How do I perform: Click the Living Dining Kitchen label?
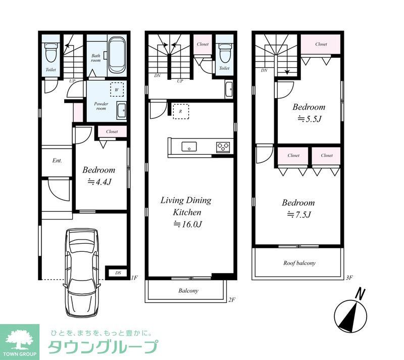(185, 206)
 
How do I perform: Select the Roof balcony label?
(299, 263)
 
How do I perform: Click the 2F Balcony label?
(188, 291)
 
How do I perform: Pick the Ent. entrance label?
(57, 161)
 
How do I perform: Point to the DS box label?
(118, 273)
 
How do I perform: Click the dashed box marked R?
(181, 111)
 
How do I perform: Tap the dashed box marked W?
(117, 89)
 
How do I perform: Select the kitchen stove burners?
(223, 147)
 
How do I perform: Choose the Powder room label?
(101, 106)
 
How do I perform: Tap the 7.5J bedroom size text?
(298, 215)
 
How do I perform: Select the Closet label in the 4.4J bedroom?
(112, 131)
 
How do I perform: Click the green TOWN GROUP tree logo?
(19, 339)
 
